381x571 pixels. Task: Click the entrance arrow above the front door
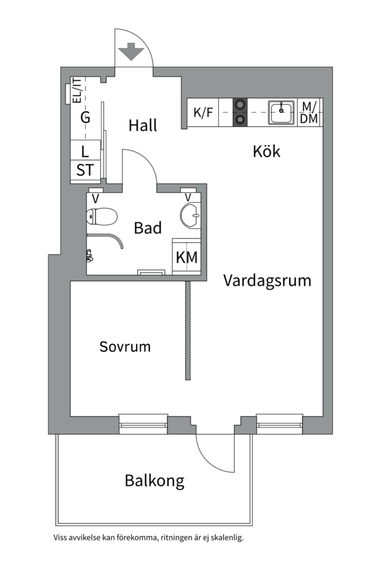pyautogui.click(x=131, y=53)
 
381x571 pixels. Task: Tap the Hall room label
pyautogui.click(x=143, y=126)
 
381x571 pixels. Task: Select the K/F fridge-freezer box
pyautogui.click(x=203, y=113)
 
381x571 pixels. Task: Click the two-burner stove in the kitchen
pyautogui.click(x=240, y=113)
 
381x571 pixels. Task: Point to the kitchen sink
pyautogui.click(x=282, y=112)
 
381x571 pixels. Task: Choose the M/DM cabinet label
pyautogui.click(x=310, y=113)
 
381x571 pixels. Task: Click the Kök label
pyautogui.click(x=266, y=152)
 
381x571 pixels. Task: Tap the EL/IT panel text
pyautogui.click(x=77, y=90)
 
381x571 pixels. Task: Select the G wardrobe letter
pyautogui.click(x=85, y=117)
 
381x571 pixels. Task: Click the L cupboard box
pyautogui.click(x=85, y=151)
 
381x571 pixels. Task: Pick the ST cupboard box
pyautogui.click(x=85, y=170)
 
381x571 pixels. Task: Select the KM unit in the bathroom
pyautogui.click(x=186, y=257)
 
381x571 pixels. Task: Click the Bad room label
pyautogui.click(x=148, y=228)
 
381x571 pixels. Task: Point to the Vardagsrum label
pyautogui.click(x=267, y=280)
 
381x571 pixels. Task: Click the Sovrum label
pyautogui.click(x=125, y=347)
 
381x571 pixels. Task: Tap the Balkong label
pyautogui.click(x=155, y=481)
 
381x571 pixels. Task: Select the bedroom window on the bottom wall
pyautogui.click(x=143, y=423)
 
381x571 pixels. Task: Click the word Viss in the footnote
pyautogui.click(x=61, y=538)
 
